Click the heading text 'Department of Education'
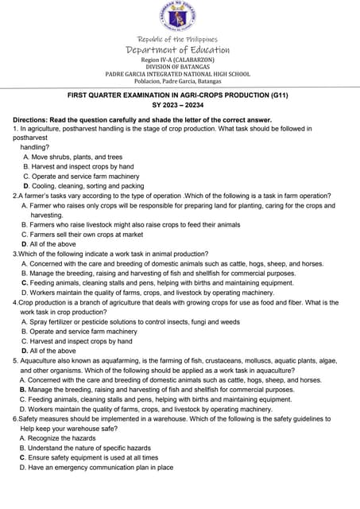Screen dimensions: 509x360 178,50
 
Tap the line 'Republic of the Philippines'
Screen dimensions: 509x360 178,39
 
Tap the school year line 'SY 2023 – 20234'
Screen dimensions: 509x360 179,107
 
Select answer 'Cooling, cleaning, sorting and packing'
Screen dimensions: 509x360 88,186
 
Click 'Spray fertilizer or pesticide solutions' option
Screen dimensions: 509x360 135,322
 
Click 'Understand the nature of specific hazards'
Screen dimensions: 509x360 90,448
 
